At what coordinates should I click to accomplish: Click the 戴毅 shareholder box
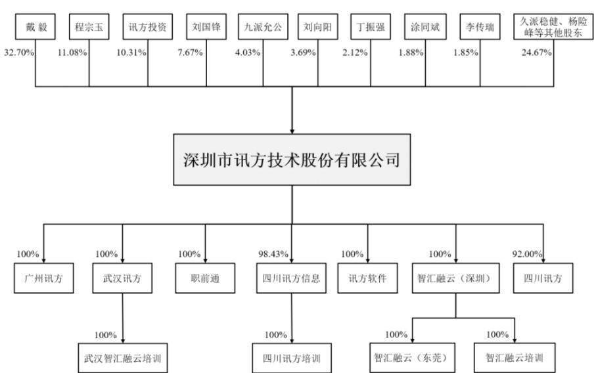coord(34,29)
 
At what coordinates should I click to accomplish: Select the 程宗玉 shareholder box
coord(89,29)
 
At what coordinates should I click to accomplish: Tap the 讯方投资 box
coord(148,29)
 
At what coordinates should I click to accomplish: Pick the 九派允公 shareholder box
coord(262,29)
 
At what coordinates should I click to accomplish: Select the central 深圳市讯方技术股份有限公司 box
coord(291,160)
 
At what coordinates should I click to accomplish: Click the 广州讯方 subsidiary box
coord(44,278)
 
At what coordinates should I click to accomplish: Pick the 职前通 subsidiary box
coord(206,278)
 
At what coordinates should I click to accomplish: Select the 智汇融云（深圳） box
coord(455,278)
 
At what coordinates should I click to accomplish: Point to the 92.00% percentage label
coord(527,254)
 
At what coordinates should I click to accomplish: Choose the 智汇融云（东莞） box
coord(413,359)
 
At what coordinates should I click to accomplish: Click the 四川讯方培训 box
coord(291,359)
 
